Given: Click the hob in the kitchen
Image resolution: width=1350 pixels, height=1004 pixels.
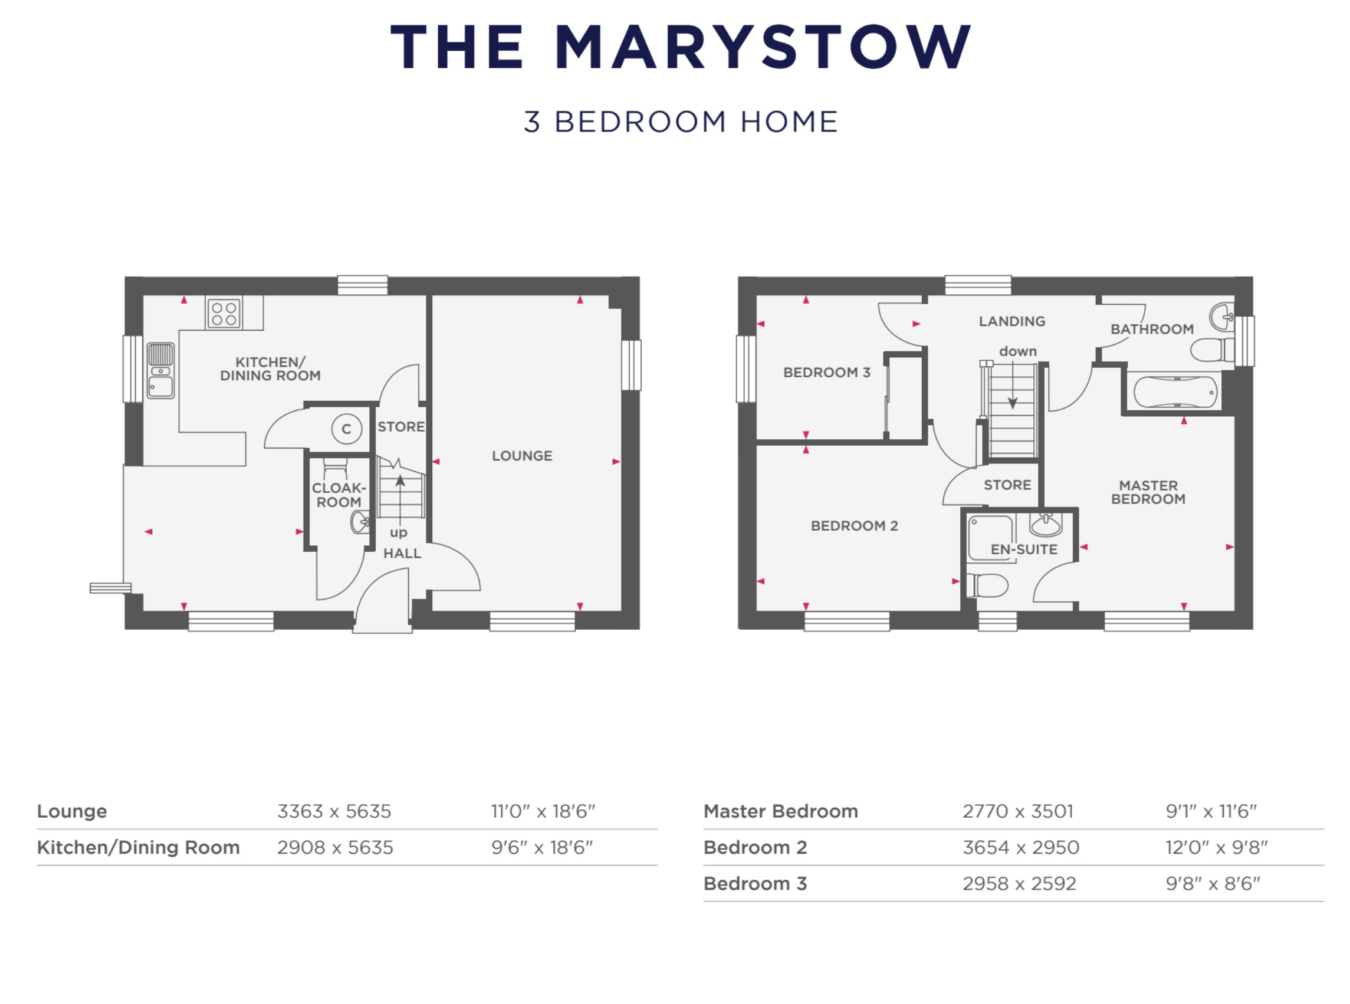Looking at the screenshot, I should [x=224, y=314].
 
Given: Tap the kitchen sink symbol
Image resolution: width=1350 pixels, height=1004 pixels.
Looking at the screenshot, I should [x=160, y=371].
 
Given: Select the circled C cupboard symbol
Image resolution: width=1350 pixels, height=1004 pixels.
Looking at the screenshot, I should [x=346, y=429].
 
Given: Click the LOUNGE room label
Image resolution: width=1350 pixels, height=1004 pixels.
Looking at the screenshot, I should [x=522, y=456].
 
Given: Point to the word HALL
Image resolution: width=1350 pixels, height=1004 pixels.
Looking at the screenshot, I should [x=402, y=554].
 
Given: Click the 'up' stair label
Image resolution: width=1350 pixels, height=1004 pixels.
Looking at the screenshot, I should [x=398, y=533].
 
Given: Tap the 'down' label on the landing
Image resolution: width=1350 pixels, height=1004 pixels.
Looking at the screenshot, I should [x=1017, y=351].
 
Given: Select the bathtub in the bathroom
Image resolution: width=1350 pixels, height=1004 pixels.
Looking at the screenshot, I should [x=1175, y=392].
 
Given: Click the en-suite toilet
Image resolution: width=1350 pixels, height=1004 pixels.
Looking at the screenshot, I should [x=987, y=586].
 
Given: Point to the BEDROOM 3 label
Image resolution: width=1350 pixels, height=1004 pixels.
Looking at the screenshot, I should [x=827, y=373].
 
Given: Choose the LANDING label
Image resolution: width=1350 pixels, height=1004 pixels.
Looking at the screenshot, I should [x=1012, y=321].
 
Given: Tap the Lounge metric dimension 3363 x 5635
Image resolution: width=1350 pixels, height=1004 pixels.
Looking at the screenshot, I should [x=334, y=811].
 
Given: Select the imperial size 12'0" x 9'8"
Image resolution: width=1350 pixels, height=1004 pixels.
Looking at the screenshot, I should [x=1216, y=847].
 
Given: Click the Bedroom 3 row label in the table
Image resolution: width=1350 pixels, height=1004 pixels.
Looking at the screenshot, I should [x=755, y=884].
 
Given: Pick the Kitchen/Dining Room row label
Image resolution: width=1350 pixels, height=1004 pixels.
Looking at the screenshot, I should [x=139, y=847].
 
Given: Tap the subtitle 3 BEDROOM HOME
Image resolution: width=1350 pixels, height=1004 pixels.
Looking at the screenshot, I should [x=681, y=122].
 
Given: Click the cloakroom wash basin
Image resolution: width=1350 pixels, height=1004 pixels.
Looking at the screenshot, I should [x=360, y=521].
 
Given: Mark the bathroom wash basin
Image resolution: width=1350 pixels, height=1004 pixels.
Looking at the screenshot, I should [x=1222, y=317].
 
